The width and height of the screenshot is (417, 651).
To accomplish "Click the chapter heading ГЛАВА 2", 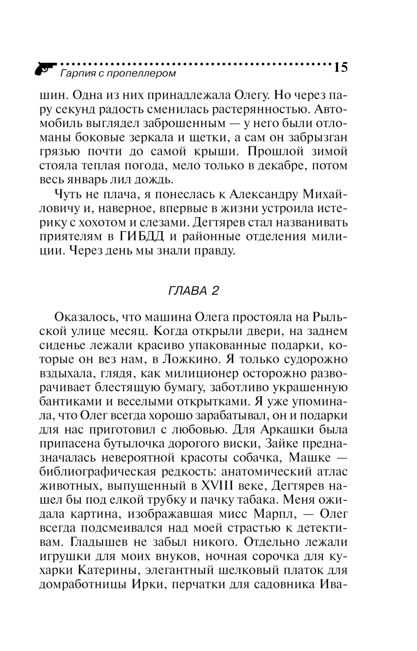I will coord(193,291).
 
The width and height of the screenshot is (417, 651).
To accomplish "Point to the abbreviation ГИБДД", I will coord(142,236).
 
